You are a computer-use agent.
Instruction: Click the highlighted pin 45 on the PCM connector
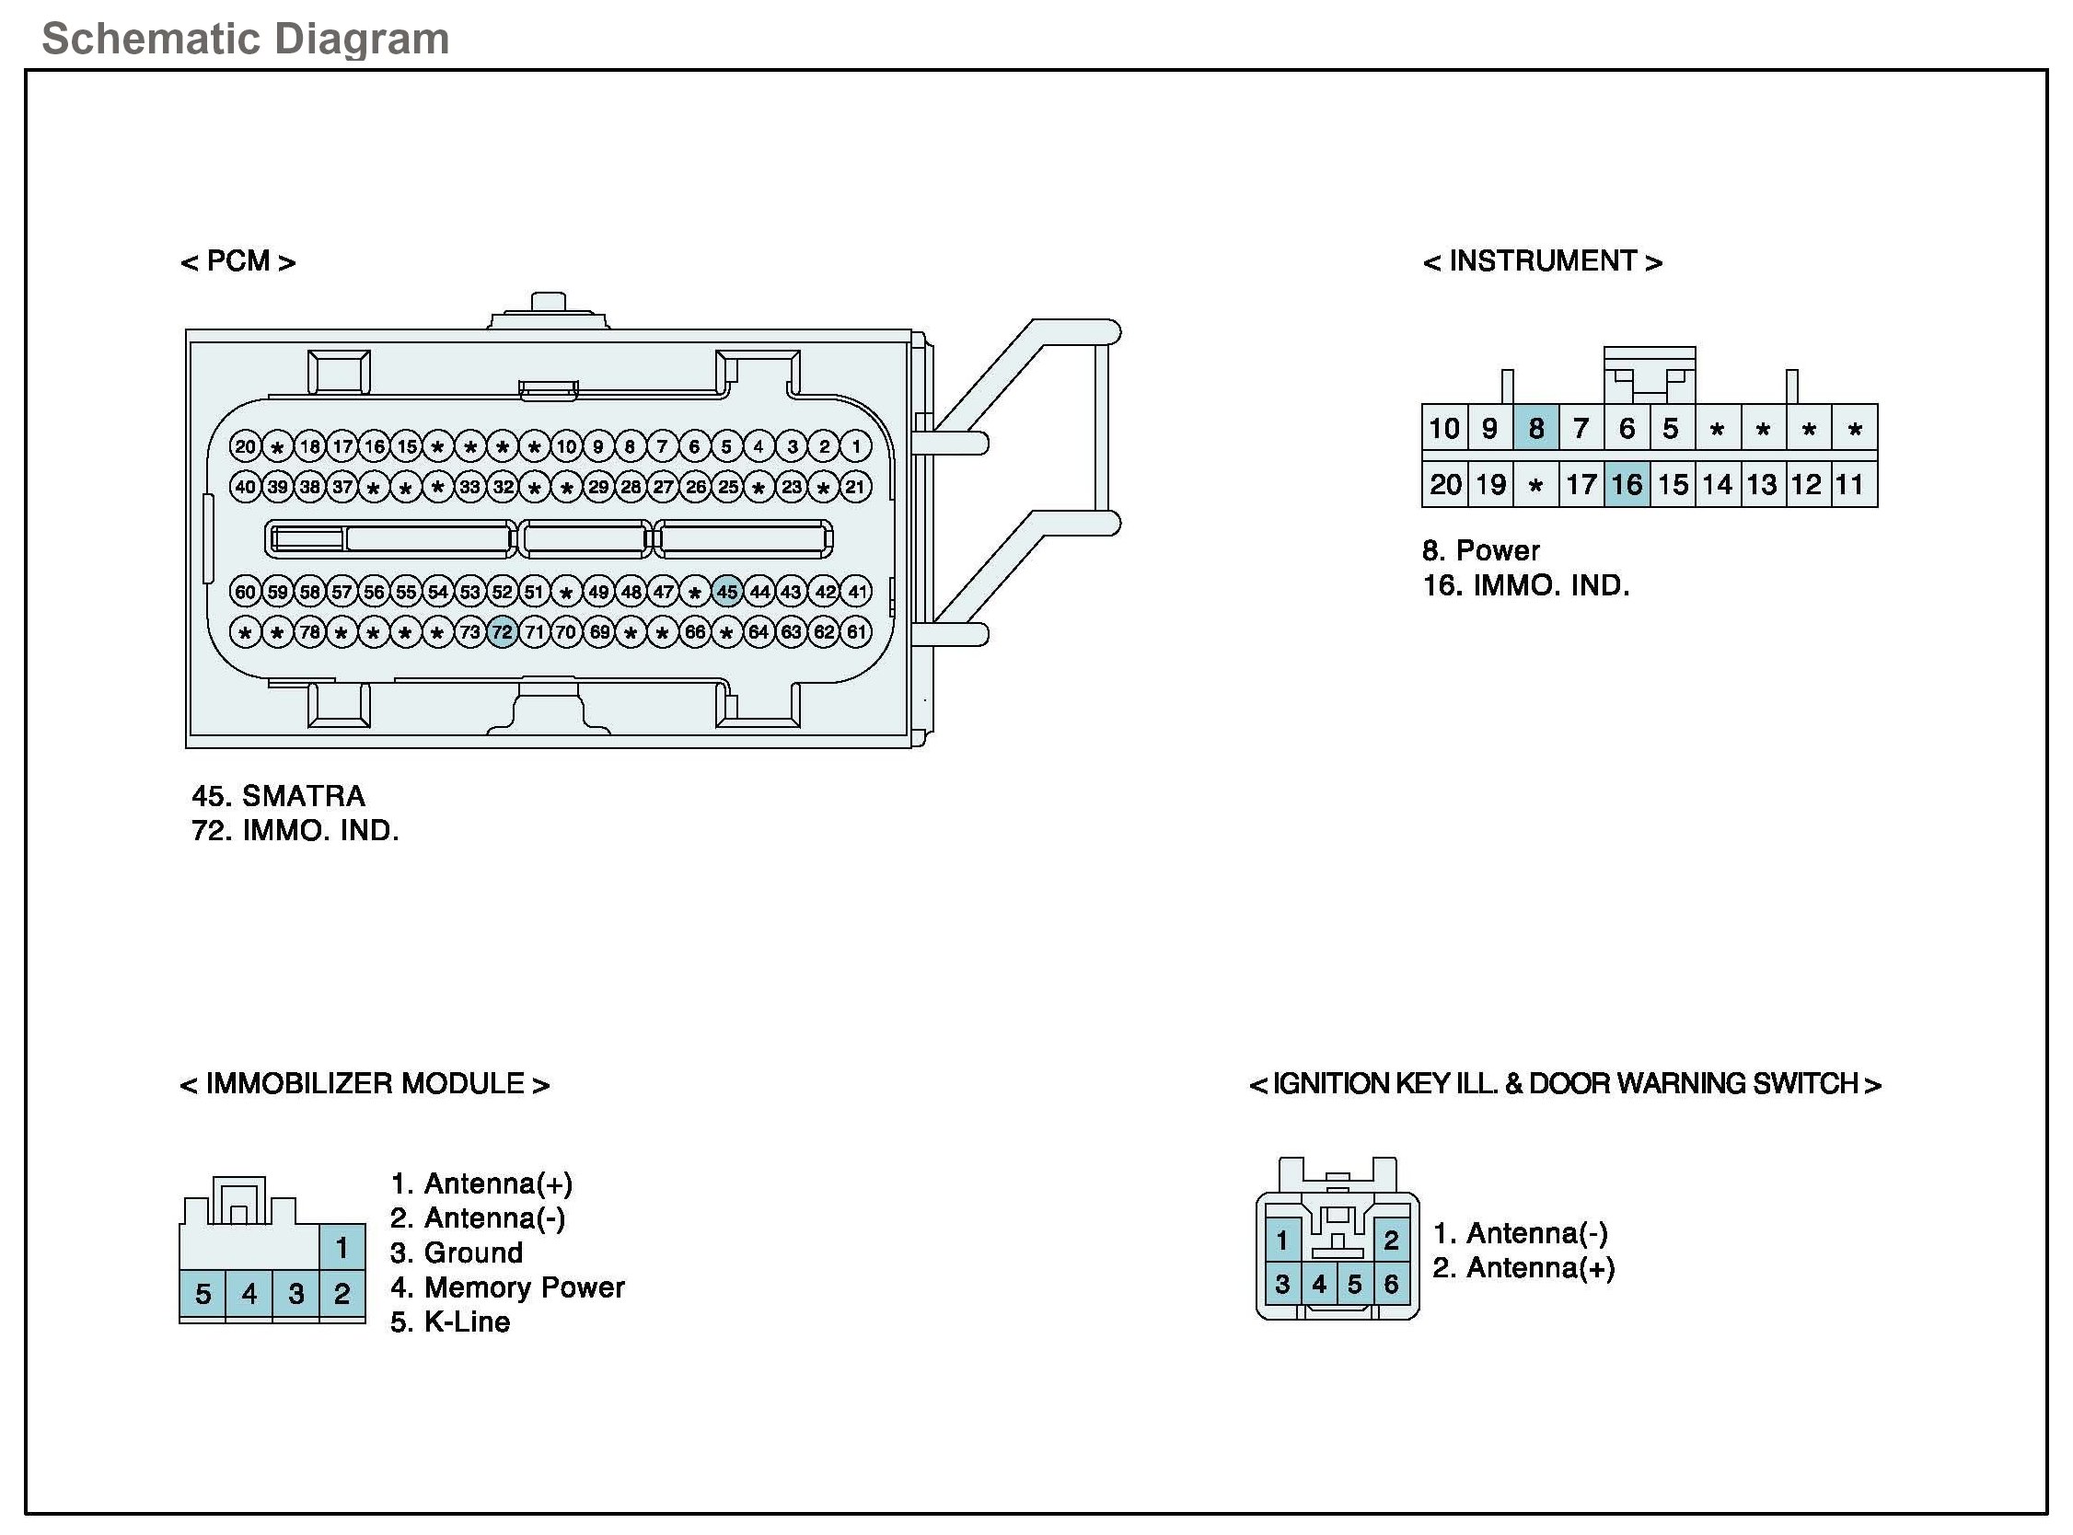(x=726, y=591)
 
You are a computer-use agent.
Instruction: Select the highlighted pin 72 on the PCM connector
(x=502, y=633)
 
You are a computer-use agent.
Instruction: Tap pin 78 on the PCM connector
(x=309, y=633)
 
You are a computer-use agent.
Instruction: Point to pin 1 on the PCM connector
(x=856, y=446)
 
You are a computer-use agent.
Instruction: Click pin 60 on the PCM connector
(x=245, y=591)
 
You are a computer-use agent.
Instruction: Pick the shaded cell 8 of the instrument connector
(x=1536, y=428)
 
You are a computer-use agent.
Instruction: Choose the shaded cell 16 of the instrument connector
(x=1627, y=484)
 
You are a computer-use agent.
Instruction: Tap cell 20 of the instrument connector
(x=1445, y=484)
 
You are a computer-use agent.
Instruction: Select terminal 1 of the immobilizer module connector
(x=342, y=1247)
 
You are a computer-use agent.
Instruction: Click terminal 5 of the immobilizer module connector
(x=203, y=1293)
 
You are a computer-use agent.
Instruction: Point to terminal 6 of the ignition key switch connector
(x=1391, y=1284)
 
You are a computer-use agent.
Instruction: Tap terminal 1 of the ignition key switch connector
(x=1282, y=1240)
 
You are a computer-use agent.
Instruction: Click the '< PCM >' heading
(x=237, y=262)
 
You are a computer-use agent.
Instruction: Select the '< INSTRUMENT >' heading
(x=1542, y=262)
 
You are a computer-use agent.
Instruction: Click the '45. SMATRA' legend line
(x=279, y=796)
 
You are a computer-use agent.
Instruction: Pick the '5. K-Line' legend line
(x=451, y=1322)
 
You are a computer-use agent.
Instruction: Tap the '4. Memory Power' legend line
(x=507, y=1287)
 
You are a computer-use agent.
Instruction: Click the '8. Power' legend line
(x=1480, y=551)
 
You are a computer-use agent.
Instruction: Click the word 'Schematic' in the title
(x=150, y=40)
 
